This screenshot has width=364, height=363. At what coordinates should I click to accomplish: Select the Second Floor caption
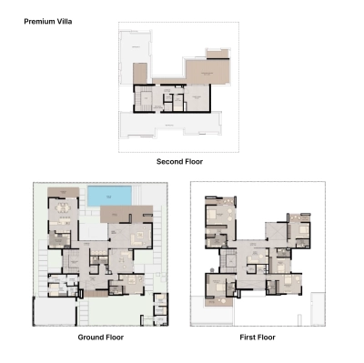tap(179, 161)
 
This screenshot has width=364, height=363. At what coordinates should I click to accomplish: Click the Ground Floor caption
tap(100, 337)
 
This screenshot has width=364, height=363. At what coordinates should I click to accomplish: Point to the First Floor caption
tap(258, 337)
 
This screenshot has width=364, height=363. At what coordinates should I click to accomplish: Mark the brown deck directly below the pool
tap(120, 214)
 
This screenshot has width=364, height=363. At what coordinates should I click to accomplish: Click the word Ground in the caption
tap(89, 337)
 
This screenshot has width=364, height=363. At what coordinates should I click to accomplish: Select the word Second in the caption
tap(168, 161)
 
